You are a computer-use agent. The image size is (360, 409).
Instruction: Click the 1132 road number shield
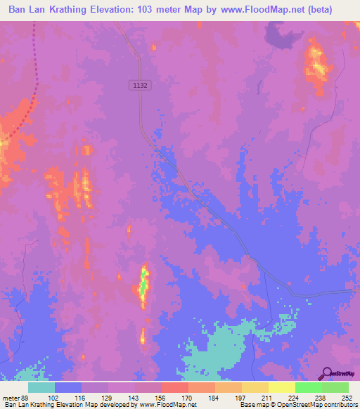coord(140,84)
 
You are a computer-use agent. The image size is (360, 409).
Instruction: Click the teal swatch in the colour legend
coord(41,388)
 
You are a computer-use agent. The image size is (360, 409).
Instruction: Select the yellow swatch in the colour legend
coord(255,388)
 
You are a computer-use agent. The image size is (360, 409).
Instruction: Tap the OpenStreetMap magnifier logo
coord(326,372)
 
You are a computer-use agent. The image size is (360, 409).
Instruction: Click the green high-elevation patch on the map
coord(143,287)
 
